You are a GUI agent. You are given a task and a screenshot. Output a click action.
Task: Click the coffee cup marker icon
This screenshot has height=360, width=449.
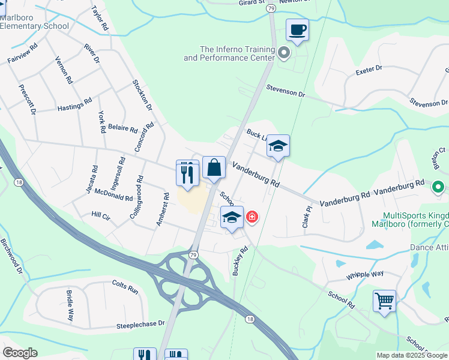tap(297, 29)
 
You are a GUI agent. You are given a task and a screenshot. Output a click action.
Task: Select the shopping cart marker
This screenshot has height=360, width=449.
tap(384, 300)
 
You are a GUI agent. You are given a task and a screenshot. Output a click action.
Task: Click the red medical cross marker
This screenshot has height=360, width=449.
tap(253, 217)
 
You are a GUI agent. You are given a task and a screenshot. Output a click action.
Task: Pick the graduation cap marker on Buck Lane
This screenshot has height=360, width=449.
tap(278, 146)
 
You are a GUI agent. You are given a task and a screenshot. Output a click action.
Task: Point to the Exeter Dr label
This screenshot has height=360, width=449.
tap(369, 70)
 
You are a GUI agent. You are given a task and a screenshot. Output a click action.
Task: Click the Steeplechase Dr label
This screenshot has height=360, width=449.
tap(140, 324)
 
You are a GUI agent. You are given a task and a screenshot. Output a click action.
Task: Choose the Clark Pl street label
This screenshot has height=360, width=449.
tap(307, 216)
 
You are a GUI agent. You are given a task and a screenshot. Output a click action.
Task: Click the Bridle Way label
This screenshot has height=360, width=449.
tap(70, 306)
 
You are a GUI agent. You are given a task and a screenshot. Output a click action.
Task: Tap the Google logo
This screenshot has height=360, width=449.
tap(20, 353)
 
